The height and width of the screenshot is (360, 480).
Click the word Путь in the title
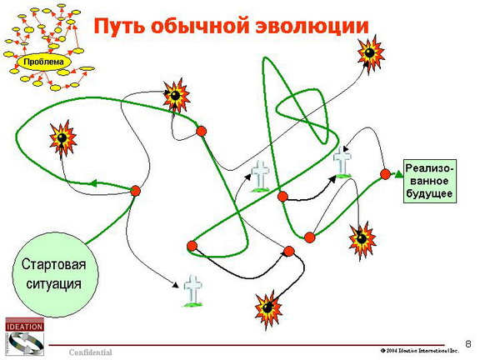click(119, 26)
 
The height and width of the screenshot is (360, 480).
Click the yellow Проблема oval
click(43, 62)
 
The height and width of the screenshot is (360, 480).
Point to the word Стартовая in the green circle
click(53, 264)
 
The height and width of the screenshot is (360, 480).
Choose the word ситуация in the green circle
click(54, 284)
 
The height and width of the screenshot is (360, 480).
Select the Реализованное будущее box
click(430, 181)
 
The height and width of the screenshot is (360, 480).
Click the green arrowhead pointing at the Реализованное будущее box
click(398, 174)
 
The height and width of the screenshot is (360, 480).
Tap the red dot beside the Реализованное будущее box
click(385, 174)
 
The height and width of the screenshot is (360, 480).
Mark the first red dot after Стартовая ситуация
click(135, 191)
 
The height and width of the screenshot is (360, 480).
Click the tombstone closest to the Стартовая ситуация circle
click(192, 291)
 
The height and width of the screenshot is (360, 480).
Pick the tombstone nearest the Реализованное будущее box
click(342, 162)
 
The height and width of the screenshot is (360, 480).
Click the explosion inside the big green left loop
click(62, 137)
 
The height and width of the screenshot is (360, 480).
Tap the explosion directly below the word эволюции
click(370, 54)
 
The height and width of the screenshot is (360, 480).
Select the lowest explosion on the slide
click(268, 309)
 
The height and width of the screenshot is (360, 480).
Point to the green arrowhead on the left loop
click(93, 183)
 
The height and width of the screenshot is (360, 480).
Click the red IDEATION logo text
click(24, 327)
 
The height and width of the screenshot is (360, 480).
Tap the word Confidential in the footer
click(91, 352)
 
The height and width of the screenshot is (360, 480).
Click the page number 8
click(468, 344)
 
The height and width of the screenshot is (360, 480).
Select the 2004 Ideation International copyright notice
click(420, 351)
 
